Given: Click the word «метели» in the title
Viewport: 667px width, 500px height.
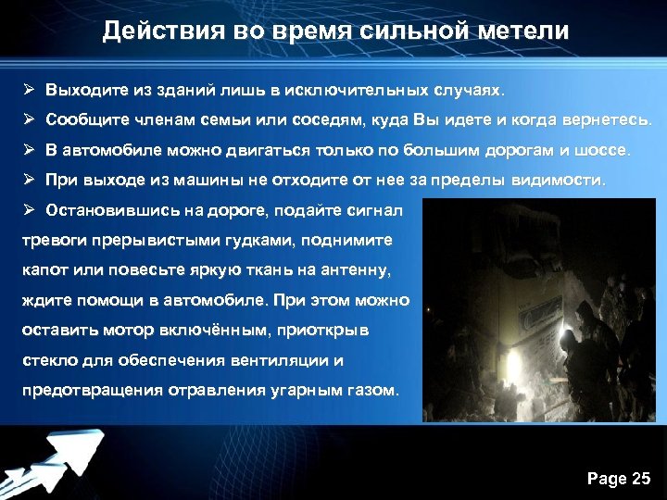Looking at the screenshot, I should coord(525,31).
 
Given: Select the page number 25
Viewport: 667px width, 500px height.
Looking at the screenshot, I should coord(641,479).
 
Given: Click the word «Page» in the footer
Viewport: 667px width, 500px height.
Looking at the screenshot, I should coord(607,479).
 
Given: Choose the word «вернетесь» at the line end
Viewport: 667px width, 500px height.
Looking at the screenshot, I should coord(608,121).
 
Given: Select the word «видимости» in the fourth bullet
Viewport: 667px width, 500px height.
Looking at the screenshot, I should coord(560,180).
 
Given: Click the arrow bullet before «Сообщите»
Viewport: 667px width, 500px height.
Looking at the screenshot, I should coord(30,121).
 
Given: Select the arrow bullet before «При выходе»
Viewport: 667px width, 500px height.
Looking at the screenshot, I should coord(30,180).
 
